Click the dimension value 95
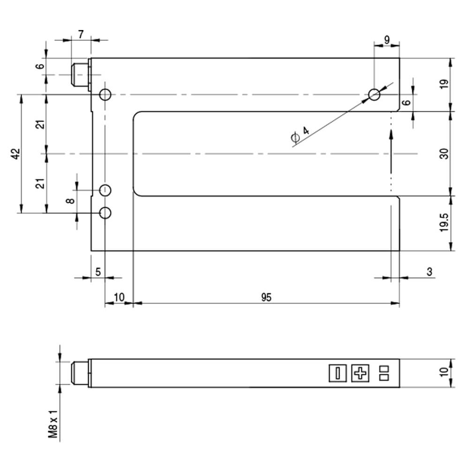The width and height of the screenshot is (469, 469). coord(266,297)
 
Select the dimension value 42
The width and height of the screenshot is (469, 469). coord(15,154)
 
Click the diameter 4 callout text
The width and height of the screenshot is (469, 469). coord(300,135)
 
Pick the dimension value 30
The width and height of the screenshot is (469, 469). coord(444,154)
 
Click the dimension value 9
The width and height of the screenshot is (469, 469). coord(387,39)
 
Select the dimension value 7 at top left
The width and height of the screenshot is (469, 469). coord(81,35)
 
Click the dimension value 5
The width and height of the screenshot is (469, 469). coord(98,272)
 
